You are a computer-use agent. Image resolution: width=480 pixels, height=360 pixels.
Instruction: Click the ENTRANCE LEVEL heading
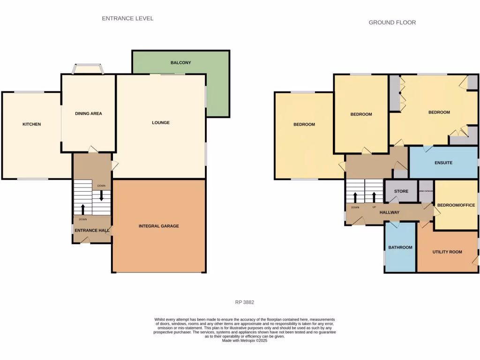click(127, 18)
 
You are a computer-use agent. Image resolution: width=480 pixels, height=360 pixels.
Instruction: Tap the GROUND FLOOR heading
click(392, 22)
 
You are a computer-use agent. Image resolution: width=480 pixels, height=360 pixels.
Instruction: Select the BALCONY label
click(180, 62)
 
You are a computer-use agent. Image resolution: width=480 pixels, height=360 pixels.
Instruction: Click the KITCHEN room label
click(32, 124)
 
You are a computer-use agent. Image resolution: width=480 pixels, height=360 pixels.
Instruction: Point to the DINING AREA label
click(89, 113)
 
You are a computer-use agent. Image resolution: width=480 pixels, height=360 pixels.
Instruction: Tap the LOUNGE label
click(161, 123)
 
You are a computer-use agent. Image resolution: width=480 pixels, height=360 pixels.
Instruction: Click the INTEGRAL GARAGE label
click(158, 226)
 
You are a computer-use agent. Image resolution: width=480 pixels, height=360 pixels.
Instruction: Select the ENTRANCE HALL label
click(91, 230)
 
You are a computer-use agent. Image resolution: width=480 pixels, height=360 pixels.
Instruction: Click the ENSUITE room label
click(443, 163)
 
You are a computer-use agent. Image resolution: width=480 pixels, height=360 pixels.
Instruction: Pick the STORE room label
click(401, 191)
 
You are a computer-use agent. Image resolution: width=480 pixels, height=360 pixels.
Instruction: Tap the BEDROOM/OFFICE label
click(456, 205)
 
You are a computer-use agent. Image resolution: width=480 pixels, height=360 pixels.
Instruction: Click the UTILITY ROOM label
click(447, 252)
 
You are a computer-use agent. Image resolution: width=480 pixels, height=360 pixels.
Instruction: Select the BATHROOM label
click(400, 247)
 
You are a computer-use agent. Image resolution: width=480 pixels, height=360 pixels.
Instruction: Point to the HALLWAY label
click(390, 212)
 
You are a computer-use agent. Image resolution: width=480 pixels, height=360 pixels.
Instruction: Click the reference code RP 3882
click(244, 302)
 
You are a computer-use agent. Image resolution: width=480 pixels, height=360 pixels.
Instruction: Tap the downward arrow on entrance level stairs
click(101, 196)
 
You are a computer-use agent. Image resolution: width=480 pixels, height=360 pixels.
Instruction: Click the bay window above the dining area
click(88, 69)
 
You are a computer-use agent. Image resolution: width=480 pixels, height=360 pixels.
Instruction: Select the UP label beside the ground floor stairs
click(374, 207)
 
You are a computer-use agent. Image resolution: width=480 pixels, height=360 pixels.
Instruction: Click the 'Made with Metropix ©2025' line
click(244, 341)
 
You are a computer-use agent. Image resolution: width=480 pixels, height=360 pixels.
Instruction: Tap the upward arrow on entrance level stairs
click(83, 209)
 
